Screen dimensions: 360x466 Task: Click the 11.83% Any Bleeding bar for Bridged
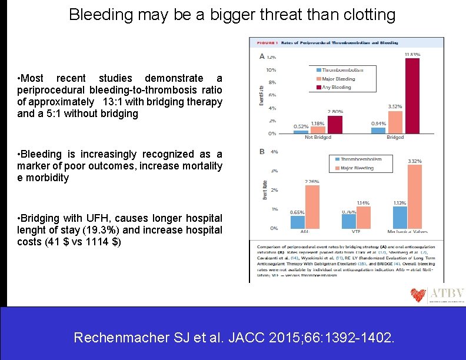(x=412, y=96)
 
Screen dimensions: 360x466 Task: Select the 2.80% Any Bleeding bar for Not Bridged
(x=335, y=125)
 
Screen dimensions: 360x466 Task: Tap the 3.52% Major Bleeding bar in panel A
(x=395, y=122)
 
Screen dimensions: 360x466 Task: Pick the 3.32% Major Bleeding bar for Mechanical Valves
(x=414, y=196)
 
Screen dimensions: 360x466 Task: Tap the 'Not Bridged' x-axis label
(x=318, y=138)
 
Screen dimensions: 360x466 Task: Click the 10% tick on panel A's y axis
(x=272, y=69)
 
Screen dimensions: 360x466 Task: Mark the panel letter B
(x=262, y=152)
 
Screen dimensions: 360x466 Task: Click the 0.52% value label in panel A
(x=301, y=126)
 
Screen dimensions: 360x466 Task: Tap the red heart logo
(x=418, y=294)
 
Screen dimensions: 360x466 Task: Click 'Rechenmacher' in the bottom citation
(x=121, y=338)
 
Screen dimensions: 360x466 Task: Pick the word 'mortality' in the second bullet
(x=202, y=166)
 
